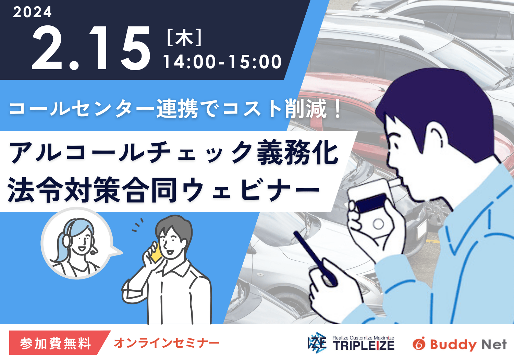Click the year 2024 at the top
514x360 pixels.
pyautogui.click(x=32, y=12)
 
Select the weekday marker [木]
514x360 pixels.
pyautogui.click(x=184, y=38)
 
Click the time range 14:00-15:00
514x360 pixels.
pyautogui.click(x=222, y=62)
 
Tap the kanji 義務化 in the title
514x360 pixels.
pyautogui.click(x=298, y=152)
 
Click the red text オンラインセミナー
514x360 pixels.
pyautogui.click(x=167, y=343)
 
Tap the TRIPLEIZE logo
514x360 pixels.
pyautogui.click(x=351, y=343)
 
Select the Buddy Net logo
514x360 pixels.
pyautogui.click(x=460, y=345)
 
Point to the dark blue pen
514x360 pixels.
pyautogui.click(x=315, y=257)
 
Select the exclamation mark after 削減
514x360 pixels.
pyautogui.click(x=338, y=108)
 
